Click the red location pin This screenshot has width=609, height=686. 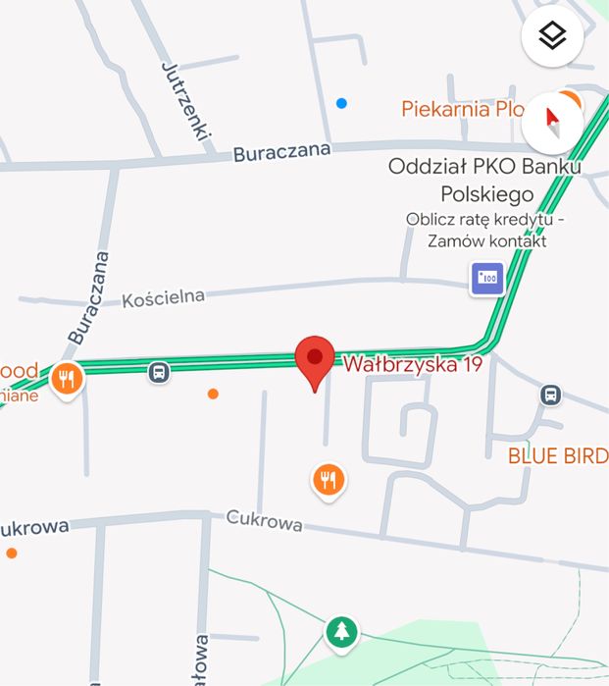[x=315, y=357]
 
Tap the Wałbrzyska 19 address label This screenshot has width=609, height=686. [x=412, y=364]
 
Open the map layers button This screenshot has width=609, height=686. [x=552, y=37]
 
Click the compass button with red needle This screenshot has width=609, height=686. [x=552, y=124]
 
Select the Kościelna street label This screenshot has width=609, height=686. [x=163, y=297]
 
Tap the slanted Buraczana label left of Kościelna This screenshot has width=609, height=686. [x=88, y=297]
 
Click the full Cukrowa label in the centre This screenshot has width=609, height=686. [x=264, y=520]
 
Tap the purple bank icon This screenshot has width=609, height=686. [x=486, y=279]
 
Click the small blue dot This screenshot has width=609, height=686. [x=341, y=103]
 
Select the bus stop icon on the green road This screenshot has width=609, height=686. [x=159, y=372]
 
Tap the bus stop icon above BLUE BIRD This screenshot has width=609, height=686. [x=551, y=395]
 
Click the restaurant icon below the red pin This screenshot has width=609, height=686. [x=329, y=480]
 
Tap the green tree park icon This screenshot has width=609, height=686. [x=341, y=631]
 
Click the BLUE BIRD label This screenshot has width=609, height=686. [x=557, y=456]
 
